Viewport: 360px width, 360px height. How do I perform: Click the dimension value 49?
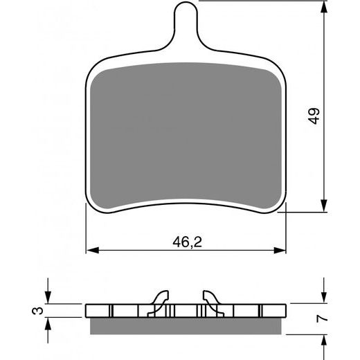point(314,116)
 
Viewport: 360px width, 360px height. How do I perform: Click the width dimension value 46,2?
point(187,242)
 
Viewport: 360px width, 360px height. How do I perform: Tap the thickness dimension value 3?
point(37,311)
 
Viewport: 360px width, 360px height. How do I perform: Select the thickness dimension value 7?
point(322,318)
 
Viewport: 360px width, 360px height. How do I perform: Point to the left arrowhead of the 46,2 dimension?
point(92,250)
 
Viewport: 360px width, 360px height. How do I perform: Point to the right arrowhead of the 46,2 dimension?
point(280,250)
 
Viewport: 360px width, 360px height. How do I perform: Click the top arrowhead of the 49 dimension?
point(324,8)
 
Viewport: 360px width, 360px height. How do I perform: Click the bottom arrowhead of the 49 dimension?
point(324,206)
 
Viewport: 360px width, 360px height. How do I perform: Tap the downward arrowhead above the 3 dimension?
point(48,298)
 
